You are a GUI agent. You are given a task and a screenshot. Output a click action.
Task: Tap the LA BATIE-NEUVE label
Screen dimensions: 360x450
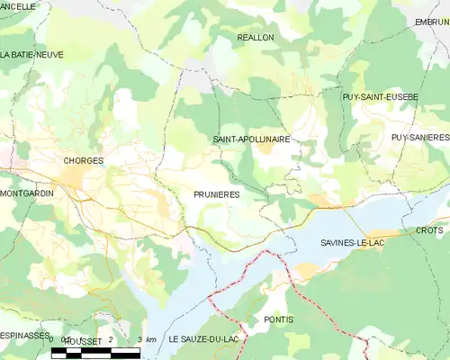point(32,54)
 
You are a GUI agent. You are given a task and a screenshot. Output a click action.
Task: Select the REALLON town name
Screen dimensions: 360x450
point(255,38)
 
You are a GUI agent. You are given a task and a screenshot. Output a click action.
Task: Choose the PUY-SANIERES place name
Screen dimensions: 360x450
point(419,137)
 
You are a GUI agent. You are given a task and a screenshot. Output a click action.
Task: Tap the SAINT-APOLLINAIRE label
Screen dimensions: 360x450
point(251,139)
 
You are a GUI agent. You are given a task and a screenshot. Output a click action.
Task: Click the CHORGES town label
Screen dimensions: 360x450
point(84,160)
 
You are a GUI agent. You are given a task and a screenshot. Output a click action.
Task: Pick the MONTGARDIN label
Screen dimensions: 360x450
point(27,193)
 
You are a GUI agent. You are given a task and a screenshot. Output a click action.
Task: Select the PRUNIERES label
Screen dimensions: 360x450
point(216,193)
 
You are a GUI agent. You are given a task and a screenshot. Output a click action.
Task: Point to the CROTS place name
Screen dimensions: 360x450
point(429,230)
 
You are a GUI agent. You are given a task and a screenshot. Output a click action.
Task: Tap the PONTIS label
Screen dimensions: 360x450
point(279,319)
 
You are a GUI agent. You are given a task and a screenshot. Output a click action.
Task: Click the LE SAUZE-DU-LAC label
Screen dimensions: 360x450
point(200,339)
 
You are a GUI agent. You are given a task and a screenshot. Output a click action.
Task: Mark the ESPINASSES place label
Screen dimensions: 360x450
point(24,335)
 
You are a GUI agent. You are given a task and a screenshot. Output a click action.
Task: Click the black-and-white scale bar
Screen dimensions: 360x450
point(95,353)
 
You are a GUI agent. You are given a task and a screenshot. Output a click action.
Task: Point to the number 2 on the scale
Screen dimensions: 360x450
point(110,339)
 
